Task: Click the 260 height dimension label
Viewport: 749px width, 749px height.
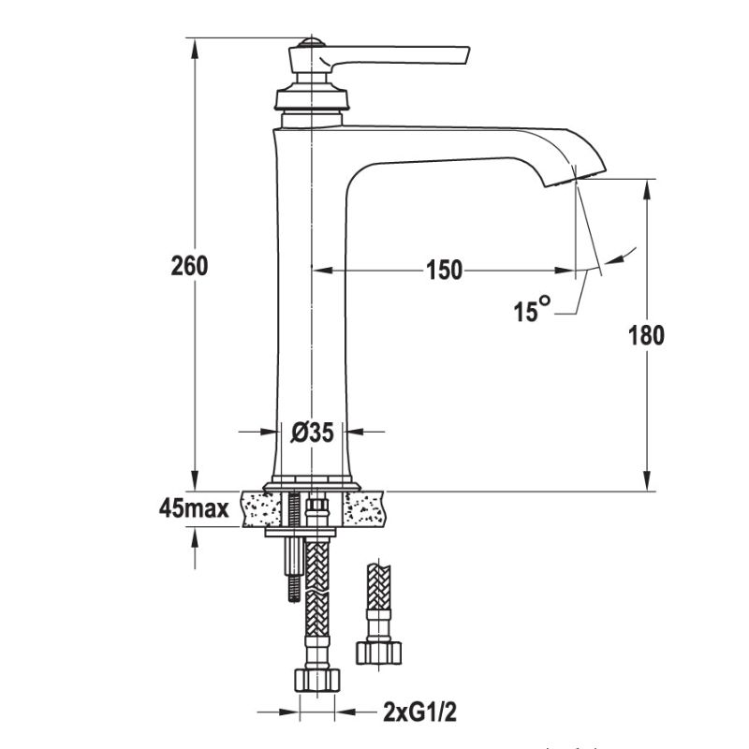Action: click(189, 266)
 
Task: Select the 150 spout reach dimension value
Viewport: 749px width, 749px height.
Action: click(444, 271)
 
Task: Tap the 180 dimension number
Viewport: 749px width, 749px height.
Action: click(646, 335)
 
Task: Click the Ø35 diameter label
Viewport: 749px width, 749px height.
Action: click(311, 432)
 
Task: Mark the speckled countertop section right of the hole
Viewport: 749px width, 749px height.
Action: click(369, 509)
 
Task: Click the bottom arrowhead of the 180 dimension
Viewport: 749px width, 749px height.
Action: click(647, 481)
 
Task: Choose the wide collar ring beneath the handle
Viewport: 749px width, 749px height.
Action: click(311, 98)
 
